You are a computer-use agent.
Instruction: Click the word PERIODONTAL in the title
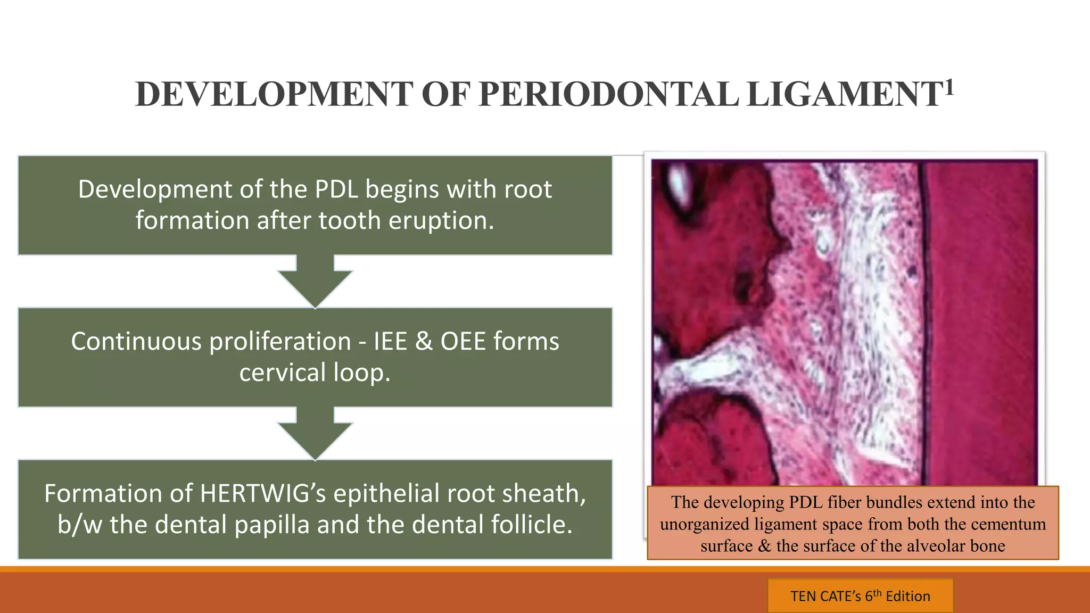tap(608, 94)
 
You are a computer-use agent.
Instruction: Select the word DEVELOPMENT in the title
tap(274, 94)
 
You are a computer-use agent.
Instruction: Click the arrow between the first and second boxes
tap(315, 280)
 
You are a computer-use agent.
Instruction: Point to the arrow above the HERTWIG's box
tap(315, 433)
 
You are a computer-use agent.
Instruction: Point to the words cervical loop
tap(315, 372)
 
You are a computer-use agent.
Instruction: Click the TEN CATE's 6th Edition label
tap(860, 596)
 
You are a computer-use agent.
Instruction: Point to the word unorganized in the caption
tap(704, 524)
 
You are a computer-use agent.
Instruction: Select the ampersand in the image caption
tap(764, 546)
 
